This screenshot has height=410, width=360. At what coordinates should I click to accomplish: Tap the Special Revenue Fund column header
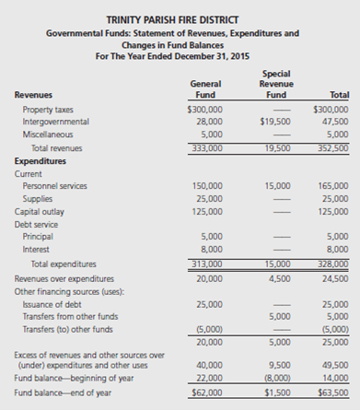pyautogui.click(x=275, y=82)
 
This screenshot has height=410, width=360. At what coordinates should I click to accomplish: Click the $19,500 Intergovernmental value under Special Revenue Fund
pyautogui.click(x=276, y=121)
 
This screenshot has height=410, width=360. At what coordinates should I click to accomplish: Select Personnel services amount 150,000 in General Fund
pyautogui.click(x=206, y=185)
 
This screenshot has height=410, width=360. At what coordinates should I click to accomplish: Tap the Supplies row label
pyautogui.click(x=38, y=197)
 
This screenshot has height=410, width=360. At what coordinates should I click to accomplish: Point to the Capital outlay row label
pyautogui.click(x=41, y=210)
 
